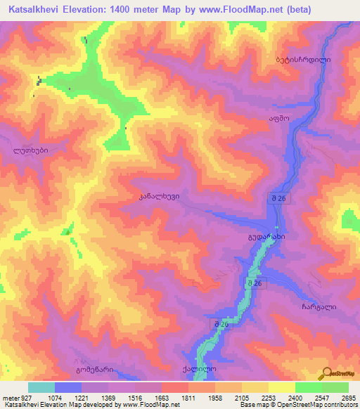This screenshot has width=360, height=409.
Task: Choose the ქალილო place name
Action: (200, 369)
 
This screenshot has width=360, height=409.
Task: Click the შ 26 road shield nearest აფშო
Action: (276, 200)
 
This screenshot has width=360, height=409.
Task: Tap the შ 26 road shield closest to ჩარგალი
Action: (255, 283)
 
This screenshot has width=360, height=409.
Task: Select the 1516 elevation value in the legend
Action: (146, 398)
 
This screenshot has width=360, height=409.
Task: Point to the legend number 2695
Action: (349, 398)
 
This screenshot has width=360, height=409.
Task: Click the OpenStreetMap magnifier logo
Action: (326, 375)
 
